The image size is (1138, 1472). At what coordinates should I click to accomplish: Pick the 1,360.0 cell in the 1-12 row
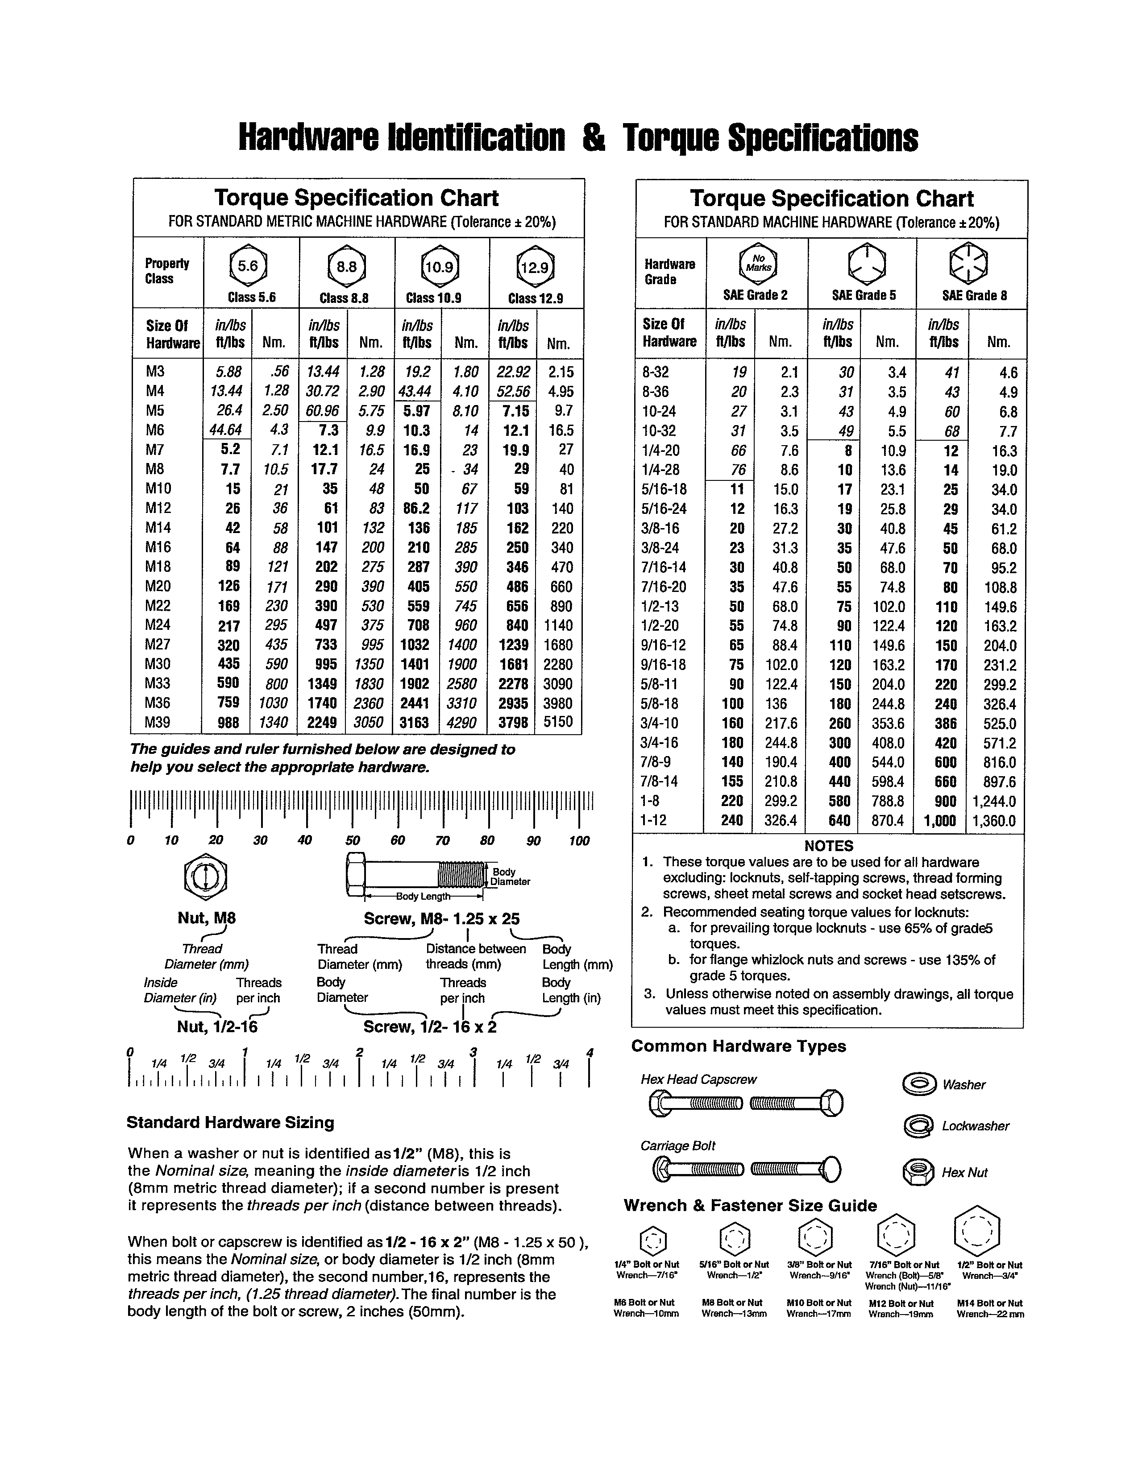point(994,821)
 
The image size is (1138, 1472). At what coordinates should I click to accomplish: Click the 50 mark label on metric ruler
point(352,840)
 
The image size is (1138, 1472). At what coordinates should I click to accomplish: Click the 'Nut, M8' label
point(206,918)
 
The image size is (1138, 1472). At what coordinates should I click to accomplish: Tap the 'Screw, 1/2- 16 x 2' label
point(429,1027)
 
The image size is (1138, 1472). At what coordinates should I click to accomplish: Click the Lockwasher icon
point(918,1125)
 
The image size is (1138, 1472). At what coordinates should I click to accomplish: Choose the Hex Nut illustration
point(918,1172)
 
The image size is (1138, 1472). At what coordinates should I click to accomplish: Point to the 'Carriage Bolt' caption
point(677,1146)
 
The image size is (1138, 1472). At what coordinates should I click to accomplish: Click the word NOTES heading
point(829,846)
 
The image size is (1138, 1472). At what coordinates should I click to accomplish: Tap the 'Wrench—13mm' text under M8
point(734,1314)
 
